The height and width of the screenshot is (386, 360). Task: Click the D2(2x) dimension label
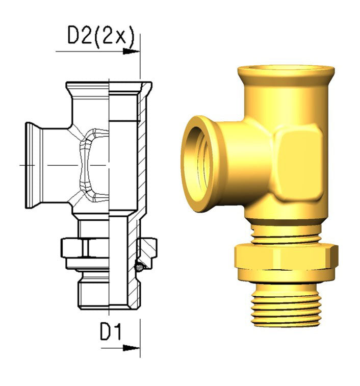click(101, 36)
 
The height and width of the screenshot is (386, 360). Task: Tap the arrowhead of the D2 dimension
click(131, 52)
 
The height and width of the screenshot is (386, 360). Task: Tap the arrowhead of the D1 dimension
click(131, 348)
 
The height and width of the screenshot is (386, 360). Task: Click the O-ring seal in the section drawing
click(139, 267)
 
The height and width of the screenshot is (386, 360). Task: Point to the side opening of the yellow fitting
click(197, 164)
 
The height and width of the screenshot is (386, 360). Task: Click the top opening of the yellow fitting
click(286, 68)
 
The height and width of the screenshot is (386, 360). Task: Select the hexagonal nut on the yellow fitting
click(286, 256)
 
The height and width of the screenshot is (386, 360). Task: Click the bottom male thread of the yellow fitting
click(286, 305)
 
